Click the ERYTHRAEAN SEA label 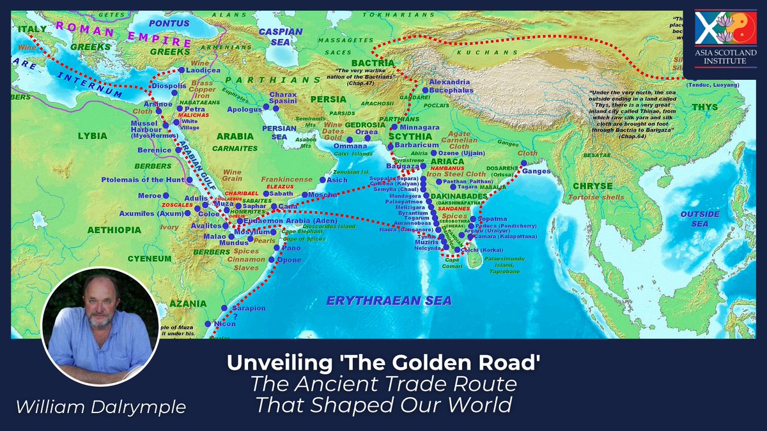click(x=389, y=300)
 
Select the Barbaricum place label click(x=416, y=145)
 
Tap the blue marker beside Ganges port click(x=524, y=163)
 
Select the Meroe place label click(x=151, y=195)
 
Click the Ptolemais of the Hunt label click(x=143, y=180)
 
